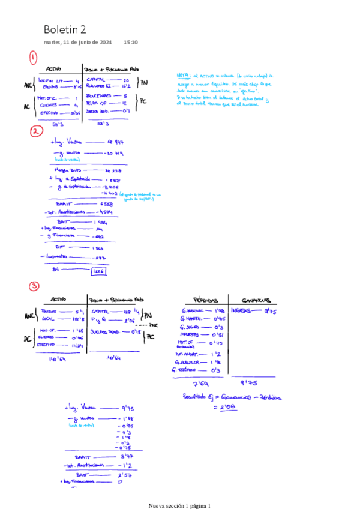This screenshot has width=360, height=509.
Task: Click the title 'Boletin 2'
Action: [65, 29]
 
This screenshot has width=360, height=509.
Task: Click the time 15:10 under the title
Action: [130, 43]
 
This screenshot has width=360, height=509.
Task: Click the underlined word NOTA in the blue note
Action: [182, 76]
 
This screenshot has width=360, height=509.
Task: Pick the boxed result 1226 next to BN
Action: [98, 271]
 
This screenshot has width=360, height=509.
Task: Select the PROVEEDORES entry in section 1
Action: [98, 96]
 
